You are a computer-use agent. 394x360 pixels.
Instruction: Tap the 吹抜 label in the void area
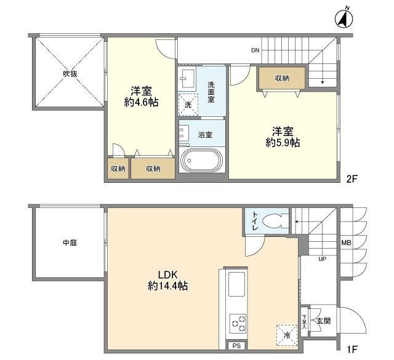70,74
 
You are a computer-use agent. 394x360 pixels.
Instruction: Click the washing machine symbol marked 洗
188,104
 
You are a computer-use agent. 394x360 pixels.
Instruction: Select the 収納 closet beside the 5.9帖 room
281,78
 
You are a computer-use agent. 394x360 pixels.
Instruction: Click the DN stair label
255,50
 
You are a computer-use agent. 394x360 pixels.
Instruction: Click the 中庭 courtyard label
70,242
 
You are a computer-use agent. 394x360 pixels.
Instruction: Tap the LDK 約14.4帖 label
167,281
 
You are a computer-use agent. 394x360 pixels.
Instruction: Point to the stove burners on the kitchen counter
238,322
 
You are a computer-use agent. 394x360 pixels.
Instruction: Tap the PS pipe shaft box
237,346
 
